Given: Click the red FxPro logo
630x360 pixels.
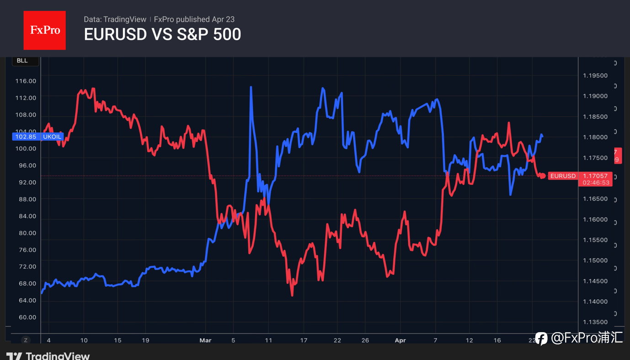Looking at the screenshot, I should [44, 30].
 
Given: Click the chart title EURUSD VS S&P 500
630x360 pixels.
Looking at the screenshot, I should [162, 34].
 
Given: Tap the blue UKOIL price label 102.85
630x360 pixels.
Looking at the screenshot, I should [26, 137].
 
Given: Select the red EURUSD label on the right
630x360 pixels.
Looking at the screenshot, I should [562, 176].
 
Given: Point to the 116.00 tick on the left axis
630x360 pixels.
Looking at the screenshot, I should [26, 81].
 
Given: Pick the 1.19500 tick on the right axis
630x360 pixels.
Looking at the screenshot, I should [595, 75].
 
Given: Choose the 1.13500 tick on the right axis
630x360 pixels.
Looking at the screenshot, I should [595, 322].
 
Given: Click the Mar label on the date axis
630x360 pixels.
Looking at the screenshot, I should [206, 340].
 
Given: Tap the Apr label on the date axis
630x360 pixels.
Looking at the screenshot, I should [400, 340].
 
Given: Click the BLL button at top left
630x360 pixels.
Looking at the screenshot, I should [22, 61].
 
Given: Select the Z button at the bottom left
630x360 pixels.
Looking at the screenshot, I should [26, 340].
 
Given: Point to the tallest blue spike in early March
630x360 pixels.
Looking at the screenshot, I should [251, 87].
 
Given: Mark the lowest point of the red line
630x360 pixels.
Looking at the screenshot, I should [292, 295].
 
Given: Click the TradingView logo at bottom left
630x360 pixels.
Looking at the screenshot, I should [48, 356].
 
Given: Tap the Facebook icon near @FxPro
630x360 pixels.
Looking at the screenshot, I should [541, 339].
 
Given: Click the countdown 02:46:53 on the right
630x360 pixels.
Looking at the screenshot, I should [596, 183].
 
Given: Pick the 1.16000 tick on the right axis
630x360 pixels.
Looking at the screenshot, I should [595, 219].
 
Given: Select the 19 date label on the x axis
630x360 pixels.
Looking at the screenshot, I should [146, 340].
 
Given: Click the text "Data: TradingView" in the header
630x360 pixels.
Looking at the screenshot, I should [115, 19].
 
